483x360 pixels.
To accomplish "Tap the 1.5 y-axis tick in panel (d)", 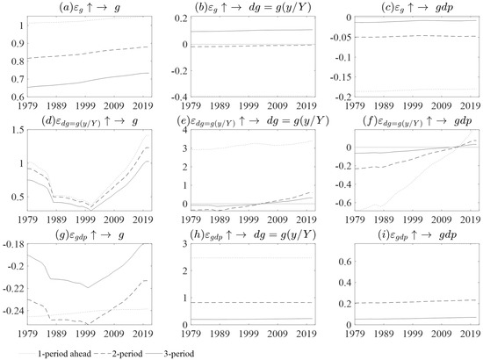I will tap(16, 130).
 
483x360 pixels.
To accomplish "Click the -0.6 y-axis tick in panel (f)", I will tap(335, 204).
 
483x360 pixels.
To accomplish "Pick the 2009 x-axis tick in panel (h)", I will tap(276, 335).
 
